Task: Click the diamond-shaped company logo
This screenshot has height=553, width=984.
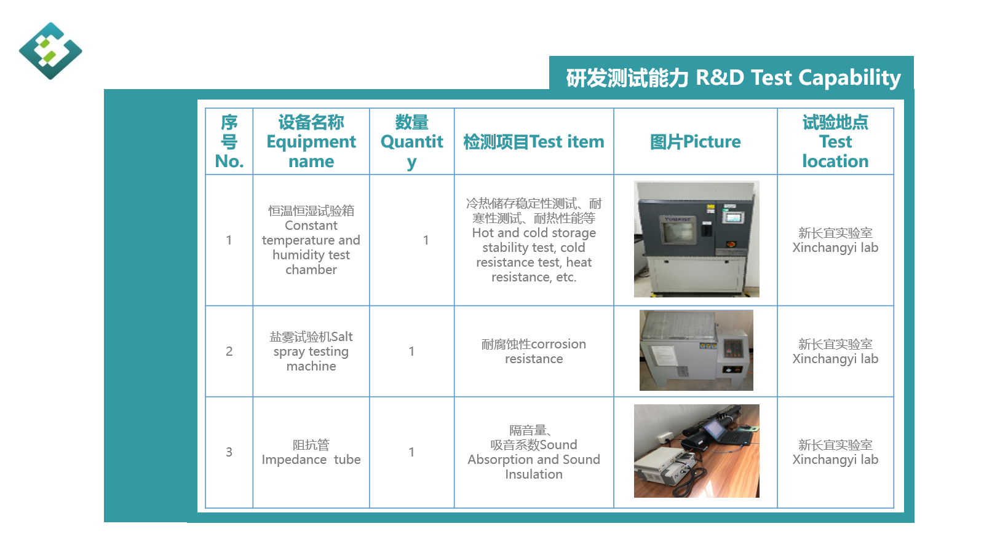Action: [x=50, y=51]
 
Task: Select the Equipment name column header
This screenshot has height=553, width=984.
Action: [x=311, y=141]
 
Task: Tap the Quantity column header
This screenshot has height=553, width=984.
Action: [x=411, y=141]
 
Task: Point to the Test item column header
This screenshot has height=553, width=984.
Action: [x=534, y=142]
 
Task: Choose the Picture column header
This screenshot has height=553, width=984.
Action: [x=696, y=142]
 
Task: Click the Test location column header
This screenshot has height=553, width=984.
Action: [x=835, y=141]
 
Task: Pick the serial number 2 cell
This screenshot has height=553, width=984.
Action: [x=229, y=351]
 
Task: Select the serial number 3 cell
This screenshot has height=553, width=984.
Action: [x=229, y=452]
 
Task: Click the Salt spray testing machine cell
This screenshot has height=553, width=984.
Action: [x=311, y=351]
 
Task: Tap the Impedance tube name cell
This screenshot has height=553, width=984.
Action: [x=311, y=452]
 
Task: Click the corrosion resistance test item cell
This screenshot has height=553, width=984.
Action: [x=534, y=351]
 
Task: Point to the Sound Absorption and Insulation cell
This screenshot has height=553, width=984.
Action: [x=534, y=452]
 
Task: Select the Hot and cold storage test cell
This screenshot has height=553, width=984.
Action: [x=534, y=240]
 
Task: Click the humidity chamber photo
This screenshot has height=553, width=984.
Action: [x=696, y=239]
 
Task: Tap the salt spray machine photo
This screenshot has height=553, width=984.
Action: [x=696, y=350]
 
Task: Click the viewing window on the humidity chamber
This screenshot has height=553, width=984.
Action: [x=679, y=230]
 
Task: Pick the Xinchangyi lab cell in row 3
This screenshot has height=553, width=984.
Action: [x=835, y=452]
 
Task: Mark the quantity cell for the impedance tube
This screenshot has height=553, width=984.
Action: [x=411, y=452]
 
